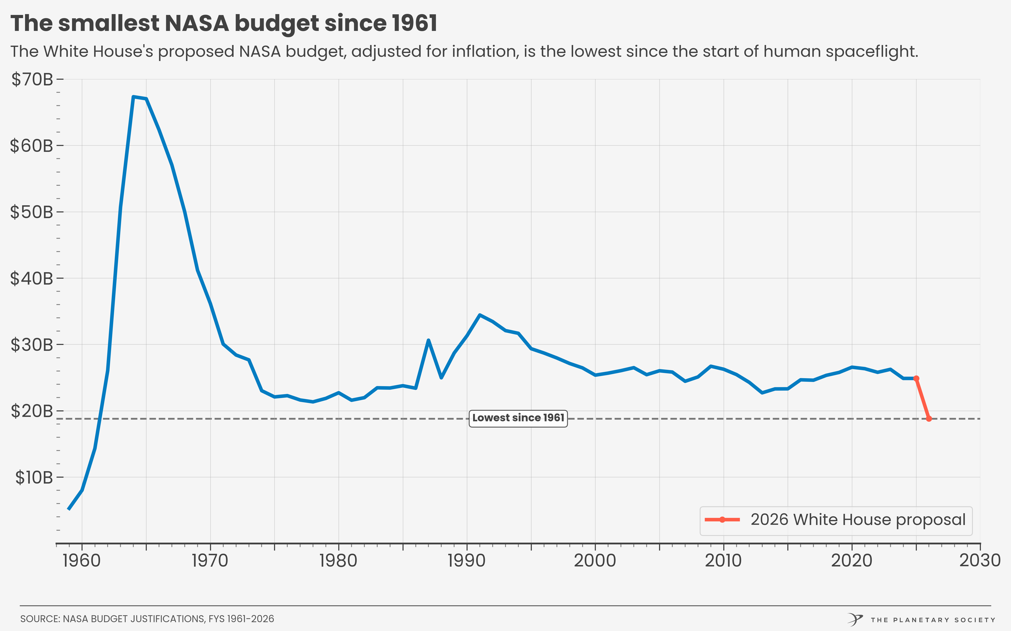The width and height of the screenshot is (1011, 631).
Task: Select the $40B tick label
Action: [32, 278]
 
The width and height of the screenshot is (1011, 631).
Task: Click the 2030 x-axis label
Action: [980, 561]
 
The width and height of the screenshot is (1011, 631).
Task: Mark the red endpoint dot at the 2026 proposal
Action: [929, 419]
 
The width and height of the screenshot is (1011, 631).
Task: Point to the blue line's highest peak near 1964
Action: [133, 97]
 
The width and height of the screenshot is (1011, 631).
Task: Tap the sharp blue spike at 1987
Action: [428, 340]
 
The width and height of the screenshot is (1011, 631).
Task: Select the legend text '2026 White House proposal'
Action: [858, 520]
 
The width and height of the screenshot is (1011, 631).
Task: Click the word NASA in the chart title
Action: [197, 23]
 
